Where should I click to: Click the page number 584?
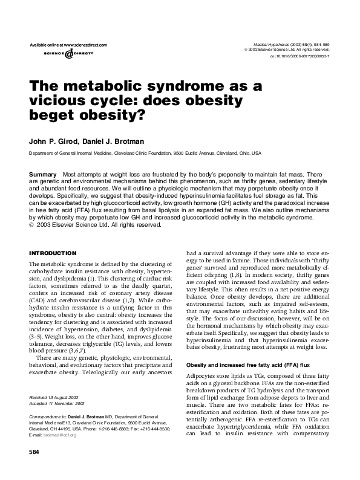point(34,469)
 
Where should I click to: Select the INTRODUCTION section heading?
point(53,252)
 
